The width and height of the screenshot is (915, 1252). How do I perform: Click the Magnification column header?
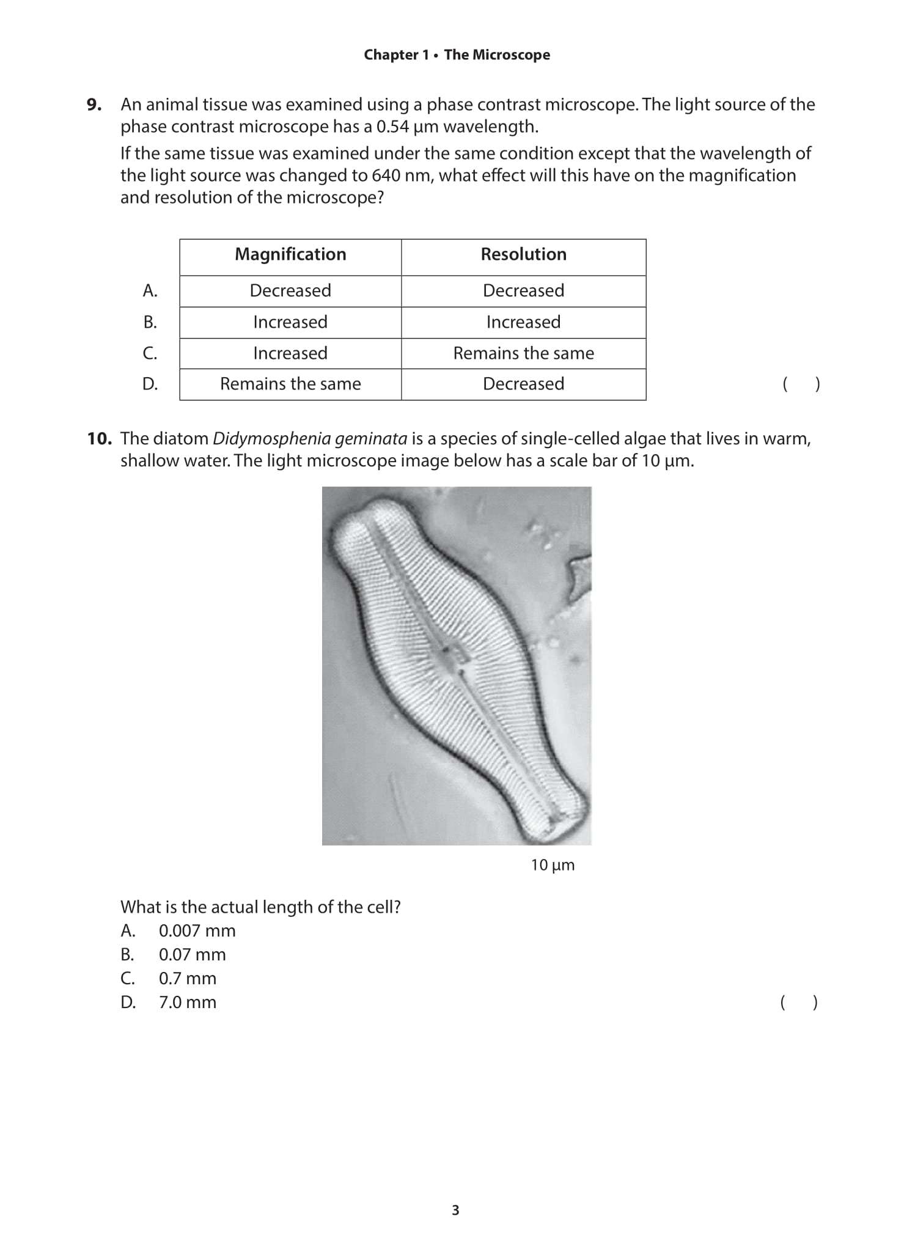click(290, 254)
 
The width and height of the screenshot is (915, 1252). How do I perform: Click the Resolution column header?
click(523, 254)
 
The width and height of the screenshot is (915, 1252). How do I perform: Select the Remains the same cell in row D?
click(290, 384)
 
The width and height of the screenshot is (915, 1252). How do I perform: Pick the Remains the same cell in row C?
click(523, 353)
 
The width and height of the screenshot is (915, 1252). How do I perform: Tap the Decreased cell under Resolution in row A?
click(523, 290)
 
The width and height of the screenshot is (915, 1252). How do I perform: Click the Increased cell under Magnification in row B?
click(290, 322)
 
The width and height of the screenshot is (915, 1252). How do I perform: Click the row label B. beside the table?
click(150, 322)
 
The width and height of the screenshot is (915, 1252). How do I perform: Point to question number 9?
click(94, 105)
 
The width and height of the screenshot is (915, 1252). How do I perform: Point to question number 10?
click(98, 438)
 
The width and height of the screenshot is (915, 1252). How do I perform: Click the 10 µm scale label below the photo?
click(553, 865)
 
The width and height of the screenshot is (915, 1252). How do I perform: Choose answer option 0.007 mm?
click(197, 930)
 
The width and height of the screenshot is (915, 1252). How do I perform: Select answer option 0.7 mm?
click(187, 978)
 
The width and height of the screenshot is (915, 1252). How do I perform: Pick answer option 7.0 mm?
click(187, 1002)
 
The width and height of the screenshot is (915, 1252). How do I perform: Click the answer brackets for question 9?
click(801, 384)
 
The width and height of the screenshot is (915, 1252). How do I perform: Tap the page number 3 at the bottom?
click(455, 1210)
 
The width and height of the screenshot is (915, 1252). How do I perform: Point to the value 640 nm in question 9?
click(401, 175)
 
